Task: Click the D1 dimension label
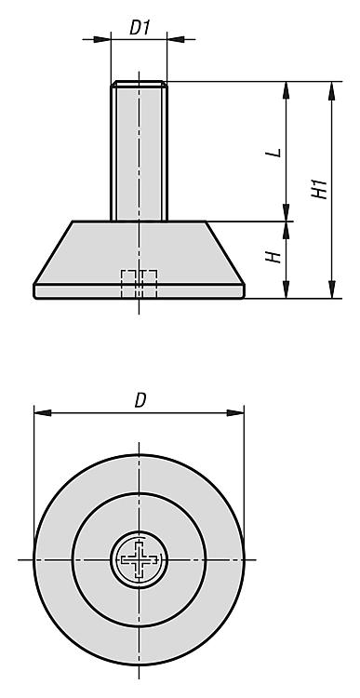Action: [140, 28]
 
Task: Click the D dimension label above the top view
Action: [140, 400]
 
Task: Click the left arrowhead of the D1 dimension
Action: [102, 40]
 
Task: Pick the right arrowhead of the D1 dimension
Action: [176, 40]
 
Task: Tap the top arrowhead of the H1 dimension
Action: [331, 90]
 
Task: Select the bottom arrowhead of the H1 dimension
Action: [331, 289]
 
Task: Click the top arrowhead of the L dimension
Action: [287, 90]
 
